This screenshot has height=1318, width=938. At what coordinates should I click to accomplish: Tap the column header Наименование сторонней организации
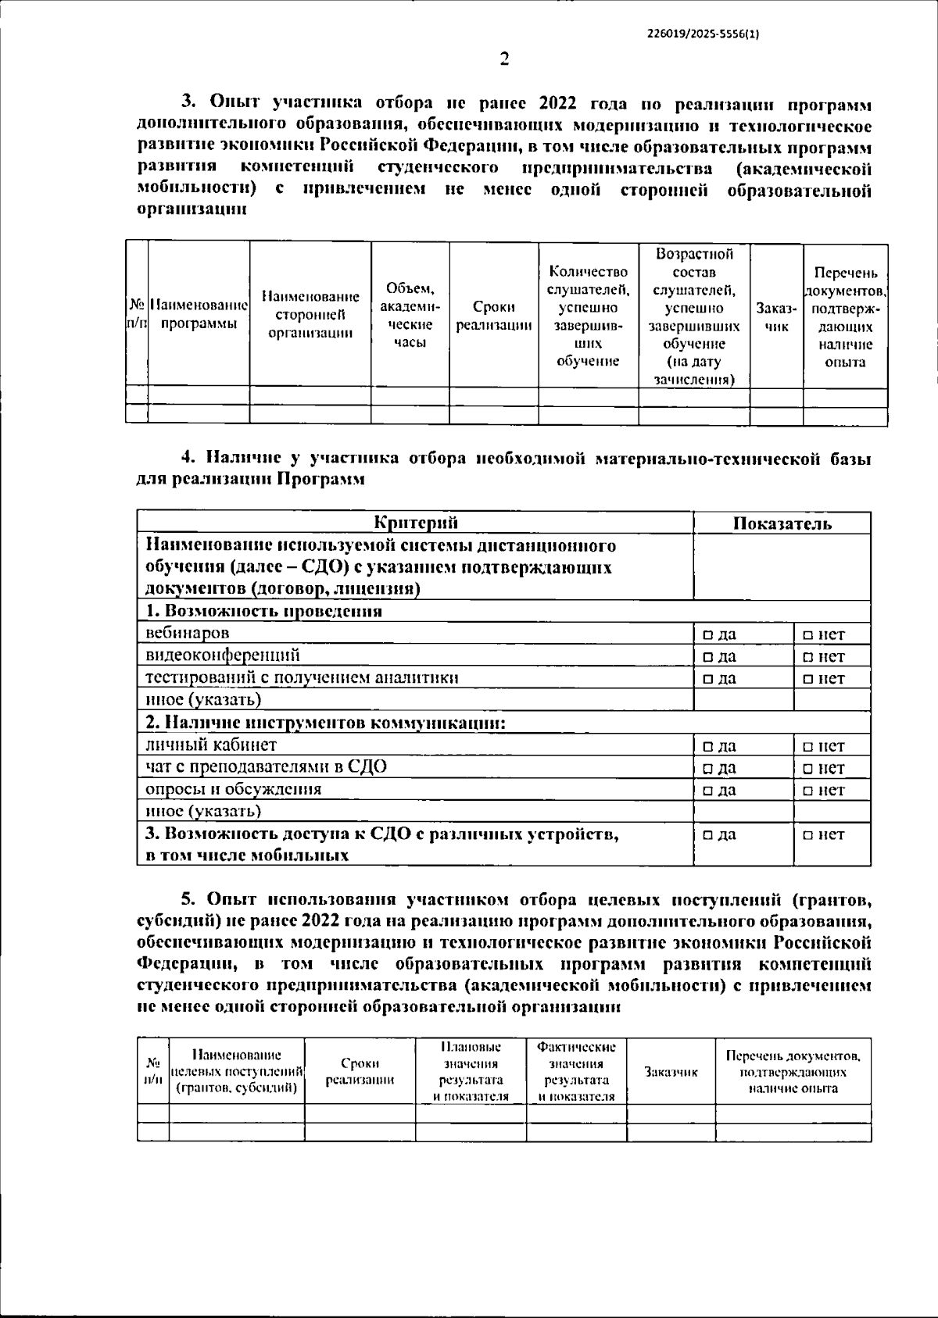(x=310, y=315)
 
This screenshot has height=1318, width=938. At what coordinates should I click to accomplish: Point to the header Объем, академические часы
(x=410, y=316)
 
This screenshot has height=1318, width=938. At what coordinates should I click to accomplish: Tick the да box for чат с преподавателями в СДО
(x=707, y=769)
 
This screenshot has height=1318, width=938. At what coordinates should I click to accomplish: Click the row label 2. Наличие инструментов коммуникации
(x=326, y=723)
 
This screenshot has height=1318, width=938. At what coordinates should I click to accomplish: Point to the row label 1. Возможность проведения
(x=264, y=611)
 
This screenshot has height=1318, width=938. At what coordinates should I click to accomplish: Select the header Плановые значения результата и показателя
(x=471, y=1071)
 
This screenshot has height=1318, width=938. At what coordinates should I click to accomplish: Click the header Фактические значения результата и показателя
(x=576, y=1071)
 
